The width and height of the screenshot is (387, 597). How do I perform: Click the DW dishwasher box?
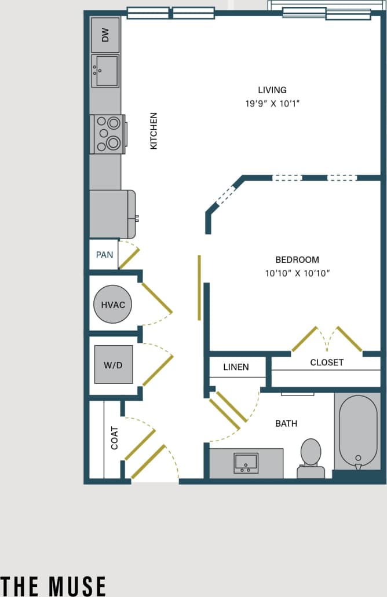(x=105, y=35)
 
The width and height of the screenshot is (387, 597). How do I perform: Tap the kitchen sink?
(x=105, y=71)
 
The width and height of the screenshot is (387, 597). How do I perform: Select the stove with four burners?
(x=108, y=134)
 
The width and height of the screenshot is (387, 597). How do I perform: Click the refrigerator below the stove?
(x=112, y=214)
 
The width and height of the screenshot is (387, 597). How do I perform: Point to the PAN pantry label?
(x=104, y=255)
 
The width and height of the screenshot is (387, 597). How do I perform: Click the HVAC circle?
(x=113, y=305)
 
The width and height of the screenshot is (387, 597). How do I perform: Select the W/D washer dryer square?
(x=114, y=364)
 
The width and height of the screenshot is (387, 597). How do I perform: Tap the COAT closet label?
(x=114, y=438)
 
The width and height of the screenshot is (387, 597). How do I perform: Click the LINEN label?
(x=236, y=367)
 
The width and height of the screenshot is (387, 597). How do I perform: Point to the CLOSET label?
(x=327, y=362)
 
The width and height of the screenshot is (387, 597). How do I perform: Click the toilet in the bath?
(x=311, y=457)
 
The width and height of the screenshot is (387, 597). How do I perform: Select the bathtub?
(x=357, y=432)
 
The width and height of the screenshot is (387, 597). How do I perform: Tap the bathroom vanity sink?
(x=246, y=463)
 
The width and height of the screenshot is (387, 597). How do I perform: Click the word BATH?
(x=286, y=424)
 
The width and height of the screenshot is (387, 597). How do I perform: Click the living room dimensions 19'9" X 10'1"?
(x=272, y=104)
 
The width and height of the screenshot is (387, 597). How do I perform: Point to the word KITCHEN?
(x=154, y=131)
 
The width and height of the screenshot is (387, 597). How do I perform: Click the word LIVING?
(x=272, y=90)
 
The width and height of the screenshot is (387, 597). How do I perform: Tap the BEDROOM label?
(x=297, y=260)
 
